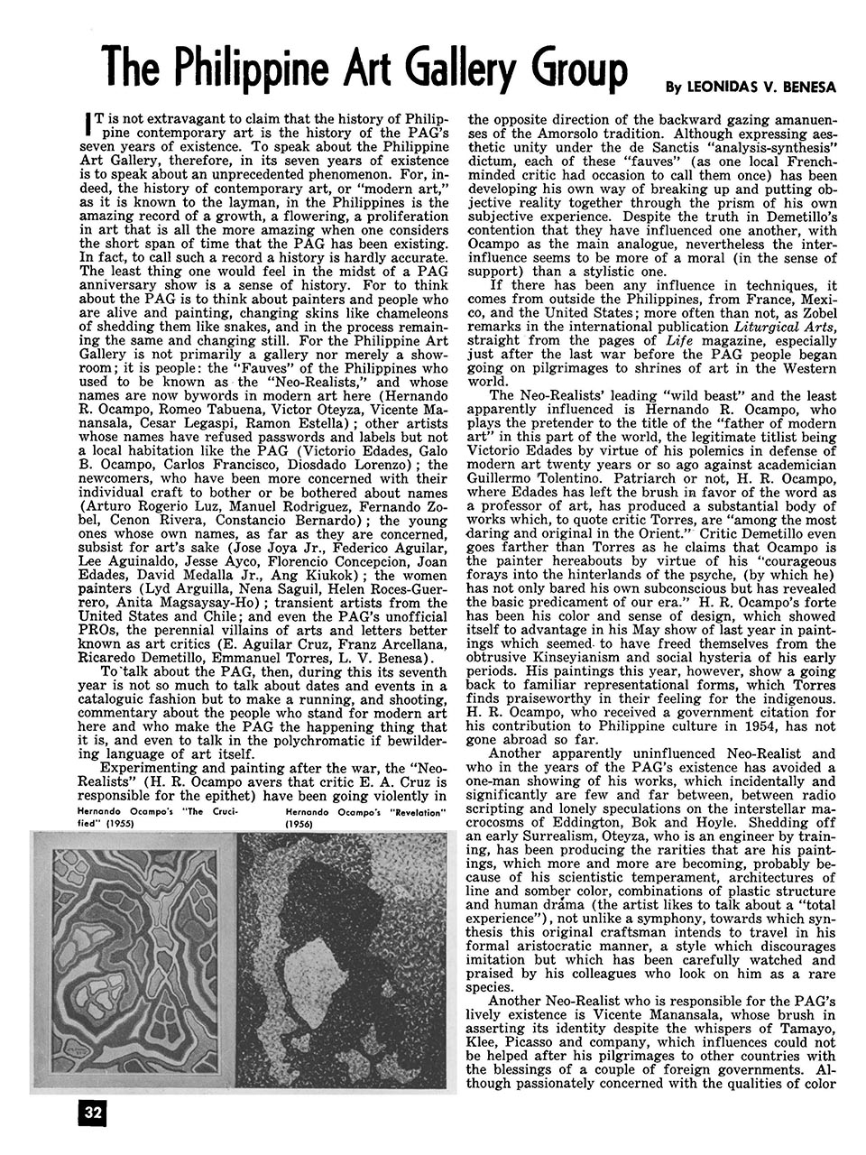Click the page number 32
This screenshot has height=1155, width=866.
pos(93,1112)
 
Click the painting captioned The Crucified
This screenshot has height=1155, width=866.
pos(134,961)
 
